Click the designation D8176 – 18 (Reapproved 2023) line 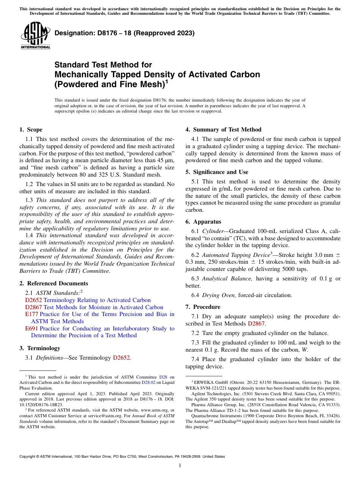[124, 33]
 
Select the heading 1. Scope [31, 130]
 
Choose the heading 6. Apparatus [203, 222]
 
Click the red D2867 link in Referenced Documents [33, 307]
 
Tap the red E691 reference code [31, 329]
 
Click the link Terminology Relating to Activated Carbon [97, 300]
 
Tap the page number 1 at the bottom [180, 466]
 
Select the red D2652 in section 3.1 [122, 358]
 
